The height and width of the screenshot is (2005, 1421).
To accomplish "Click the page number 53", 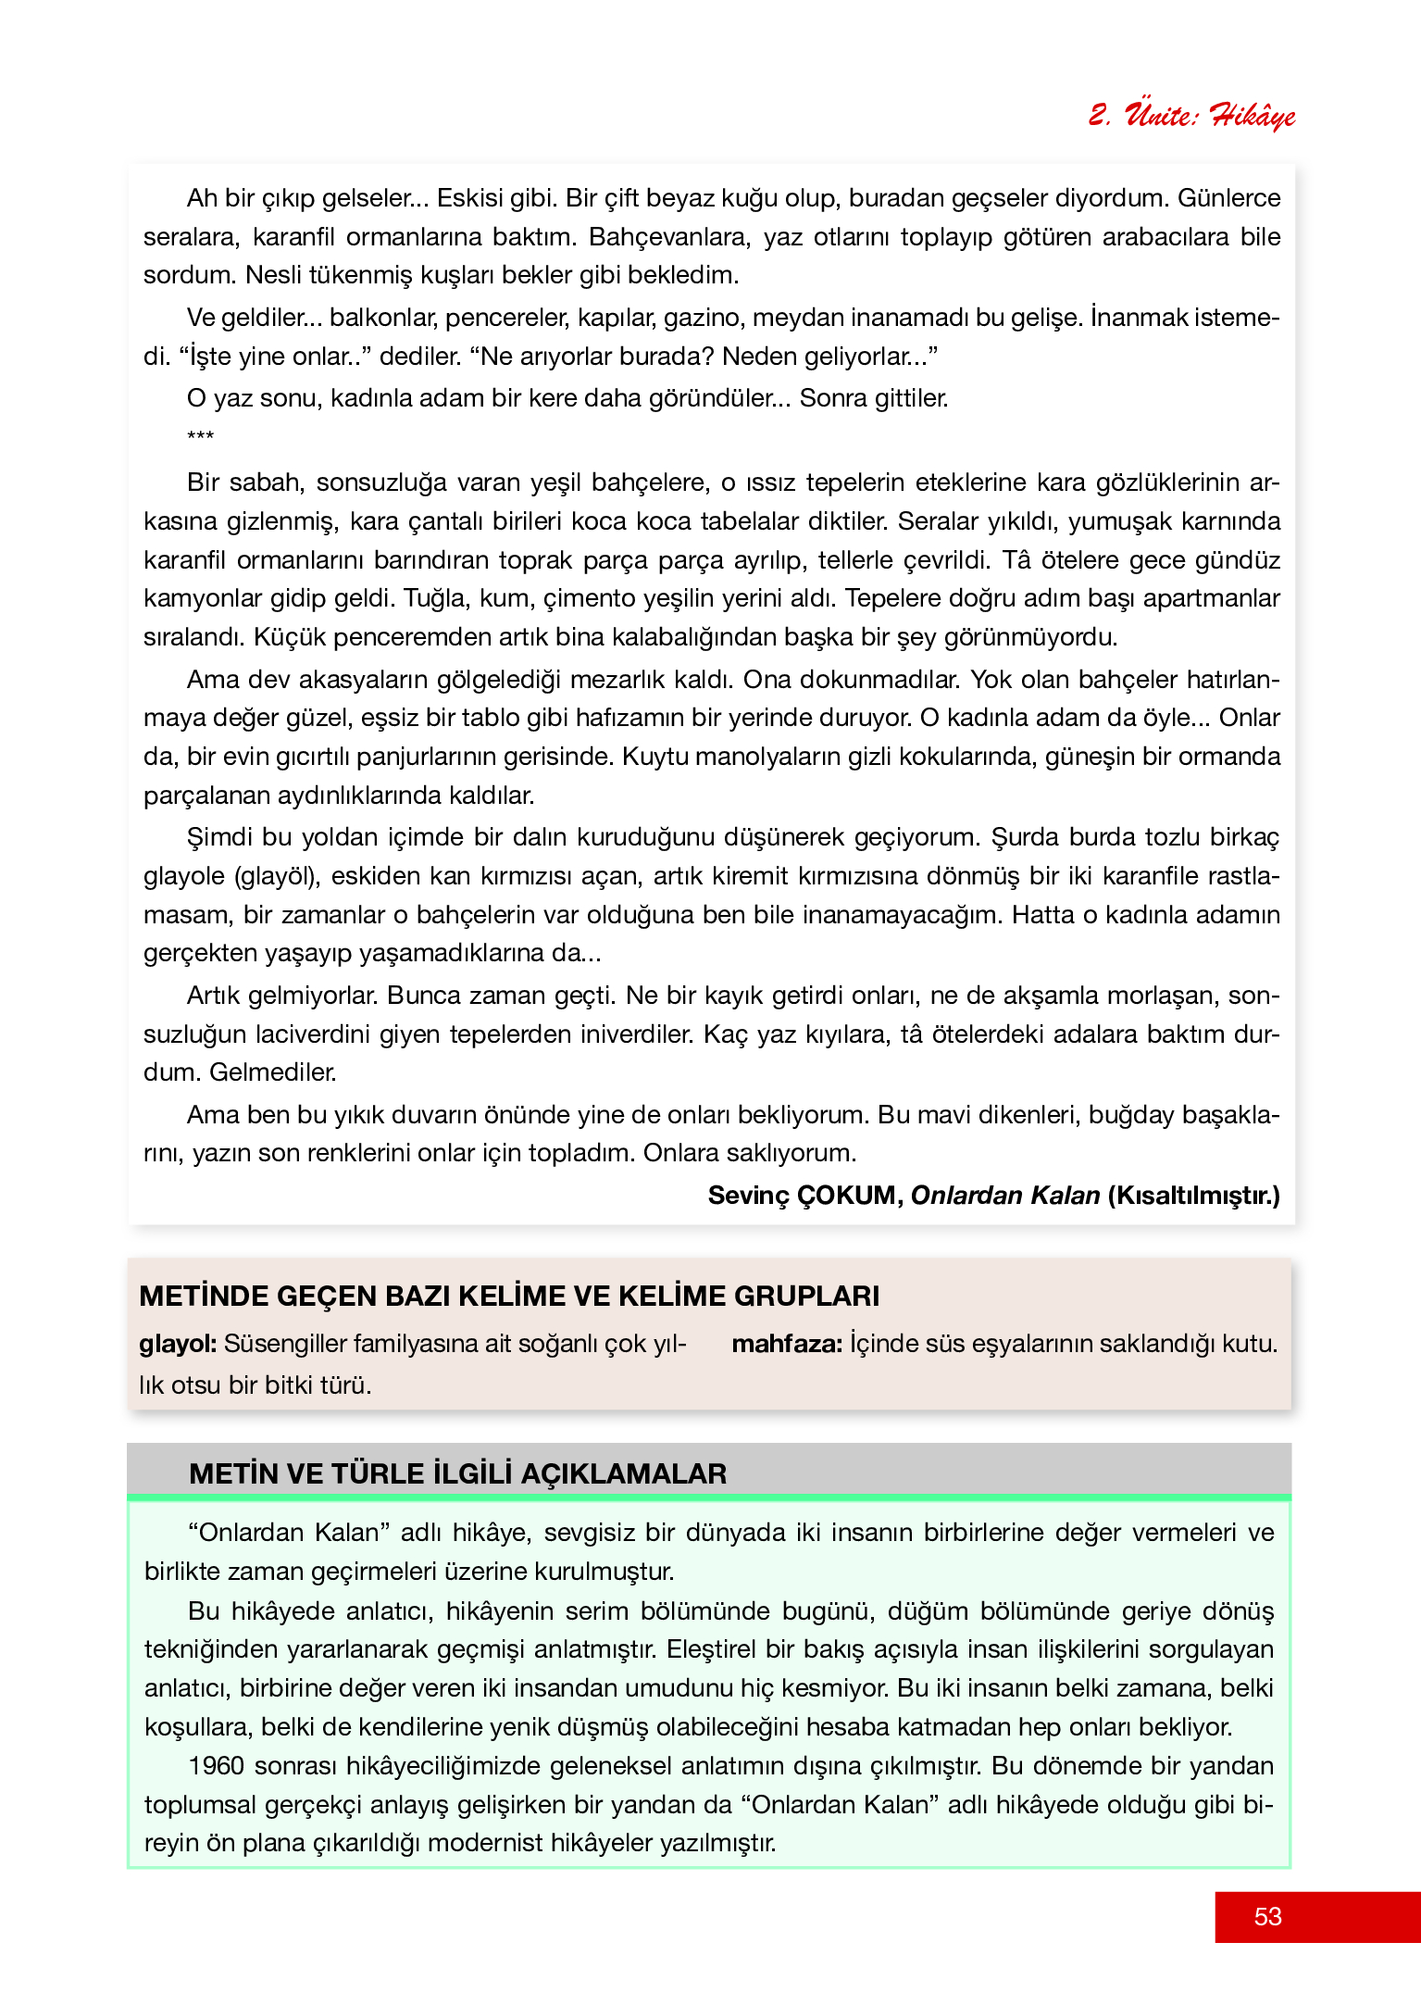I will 1267,1916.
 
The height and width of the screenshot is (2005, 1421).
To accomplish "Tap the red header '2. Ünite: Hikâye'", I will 1191,115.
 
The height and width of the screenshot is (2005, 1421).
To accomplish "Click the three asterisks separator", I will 200,436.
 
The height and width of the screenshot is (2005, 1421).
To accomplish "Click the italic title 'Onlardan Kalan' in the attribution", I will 1005,1196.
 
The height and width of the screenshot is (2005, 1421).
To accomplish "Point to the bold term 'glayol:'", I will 178,1343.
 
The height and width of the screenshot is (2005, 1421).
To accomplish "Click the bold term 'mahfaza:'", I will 787,1343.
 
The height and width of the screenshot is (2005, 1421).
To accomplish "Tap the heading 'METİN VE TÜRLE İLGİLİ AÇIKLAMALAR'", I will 457,1473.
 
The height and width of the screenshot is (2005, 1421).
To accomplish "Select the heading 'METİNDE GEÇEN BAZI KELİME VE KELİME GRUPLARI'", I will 509,1296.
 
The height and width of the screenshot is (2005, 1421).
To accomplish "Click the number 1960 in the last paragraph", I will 216,1766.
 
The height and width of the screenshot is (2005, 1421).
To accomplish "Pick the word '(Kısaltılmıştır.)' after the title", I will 1193,1196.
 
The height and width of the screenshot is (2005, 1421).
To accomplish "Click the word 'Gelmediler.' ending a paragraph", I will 273,1072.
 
